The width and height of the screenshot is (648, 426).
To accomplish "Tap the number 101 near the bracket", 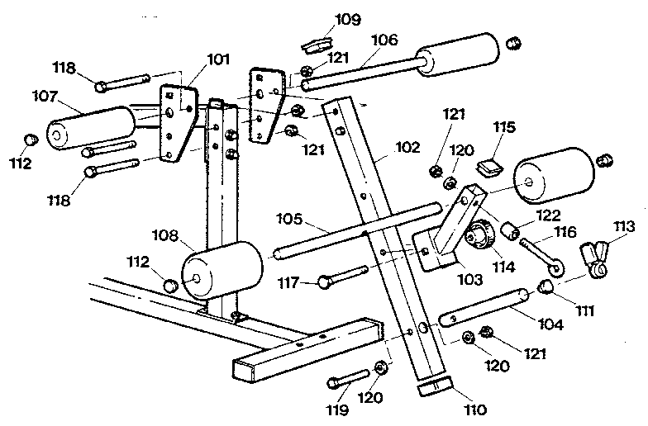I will pyautogui.click(x=218, y=59).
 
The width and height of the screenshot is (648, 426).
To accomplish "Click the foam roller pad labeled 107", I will pyautogui.click(x=91, y=129).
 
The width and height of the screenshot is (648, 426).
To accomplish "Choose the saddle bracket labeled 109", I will pyautogui.click(x=316, y=41).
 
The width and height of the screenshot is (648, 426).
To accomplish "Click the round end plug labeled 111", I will pyautogui.click(x=546, y=286).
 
